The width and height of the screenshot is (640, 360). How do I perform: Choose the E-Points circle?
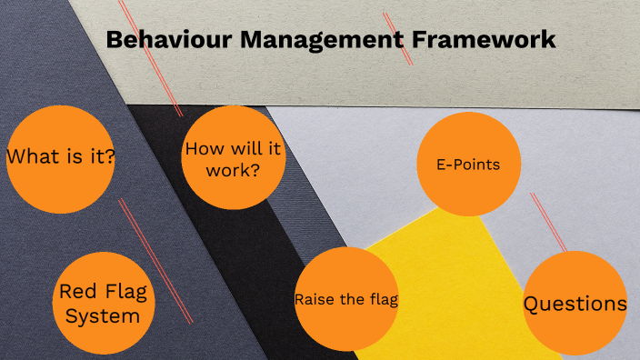coord(468,165)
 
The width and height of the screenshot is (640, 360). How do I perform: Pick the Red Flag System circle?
coord(103,303)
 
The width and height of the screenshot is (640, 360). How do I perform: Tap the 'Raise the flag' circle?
coord(346,299)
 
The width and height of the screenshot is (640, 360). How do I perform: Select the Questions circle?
coord(575,304)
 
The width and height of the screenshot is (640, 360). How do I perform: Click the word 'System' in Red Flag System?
coord(103,316)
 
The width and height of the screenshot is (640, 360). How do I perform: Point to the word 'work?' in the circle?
coord(235,169)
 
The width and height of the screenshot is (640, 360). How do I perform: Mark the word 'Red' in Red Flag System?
coord(75,292)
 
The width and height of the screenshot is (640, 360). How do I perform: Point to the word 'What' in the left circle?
coord(30,156)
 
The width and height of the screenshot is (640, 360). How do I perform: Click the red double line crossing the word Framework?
coord(397,37)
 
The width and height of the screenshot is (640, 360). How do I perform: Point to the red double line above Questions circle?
coord(549,222)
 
